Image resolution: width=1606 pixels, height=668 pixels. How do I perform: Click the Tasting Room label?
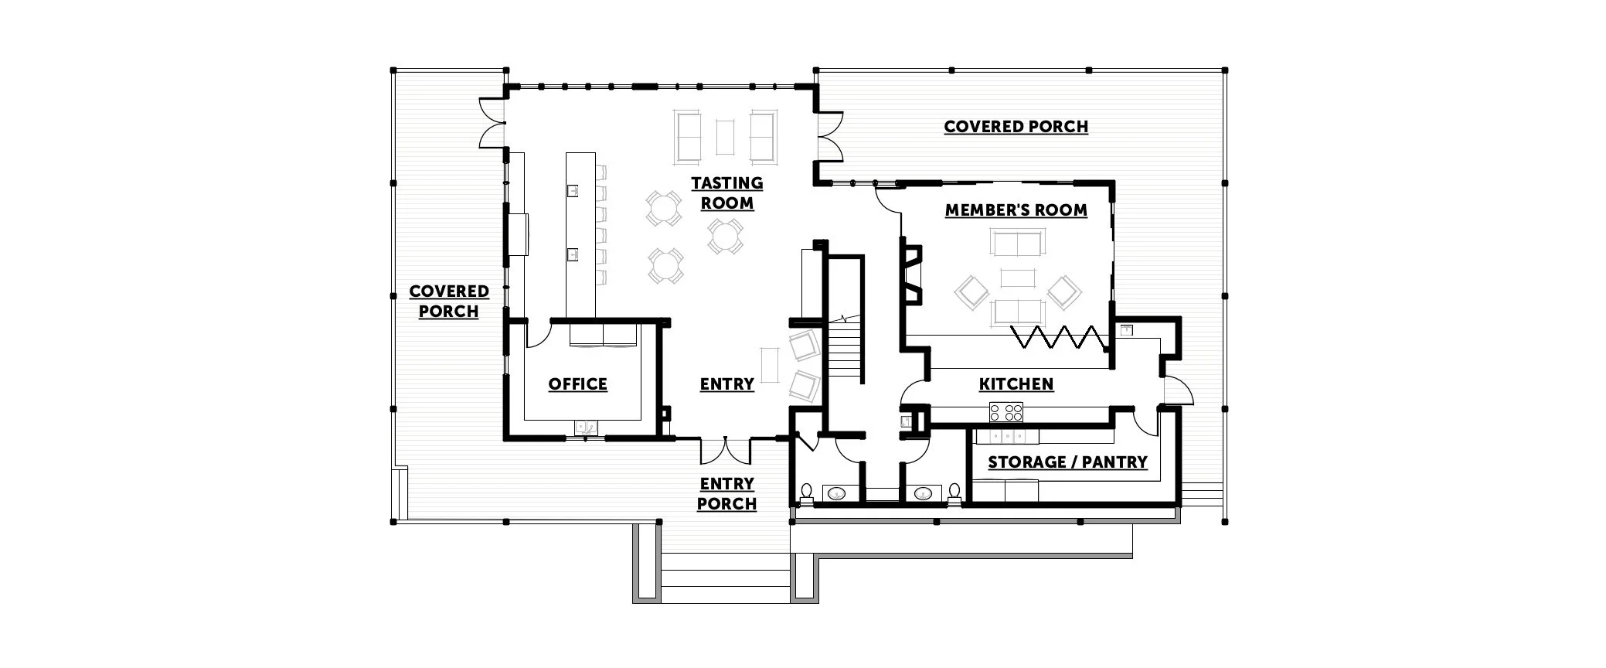[x=726, y=193]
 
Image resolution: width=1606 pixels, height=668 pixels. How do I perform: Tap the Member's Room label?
[x=1016, y=210]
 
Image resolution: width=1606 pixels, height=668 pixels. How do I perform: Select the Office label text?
[x=577, y=384]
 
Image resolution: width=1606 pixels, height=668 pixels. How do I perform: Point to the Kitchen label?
[x=1016, y=384]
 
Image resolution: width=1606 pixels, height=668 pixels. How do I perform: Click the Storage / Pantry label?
[x=1067, y=462]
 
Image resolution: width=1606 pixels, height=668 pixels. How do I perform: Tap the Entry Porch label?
[x=726, y=494]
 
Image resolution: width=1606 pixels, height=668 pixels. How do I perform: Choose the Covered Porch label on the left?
[x=449, y=302]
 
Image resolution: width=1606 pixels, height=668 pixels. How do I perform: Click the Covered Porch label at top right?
[x=1016, y=127]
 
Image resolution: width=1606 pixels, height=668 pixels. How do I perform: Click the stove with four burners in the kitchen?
[x=1005, y=412]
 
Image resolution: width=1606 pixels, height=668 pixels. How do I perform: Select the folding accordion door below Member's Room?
[x=1059, y=337]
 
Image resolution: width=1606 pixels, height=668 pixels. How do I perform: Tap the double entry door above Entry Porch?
[x=726, y=451]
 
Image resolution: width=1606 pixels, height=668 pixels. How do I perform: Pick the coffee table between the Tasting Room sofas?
[x=725, y=138]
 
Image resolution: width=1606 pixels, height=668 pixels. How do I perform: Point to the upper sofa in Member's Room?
[x=1016, y=243]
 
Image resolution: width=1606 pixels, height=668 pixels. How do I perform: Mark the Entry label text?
[x=726, y=384]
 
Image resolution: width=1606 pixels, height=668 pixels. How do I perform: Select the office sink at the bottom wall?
[x=586, y=426]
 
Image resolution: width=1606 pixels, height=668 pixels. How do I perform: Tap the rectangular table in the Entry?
[x=769, y=365]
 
